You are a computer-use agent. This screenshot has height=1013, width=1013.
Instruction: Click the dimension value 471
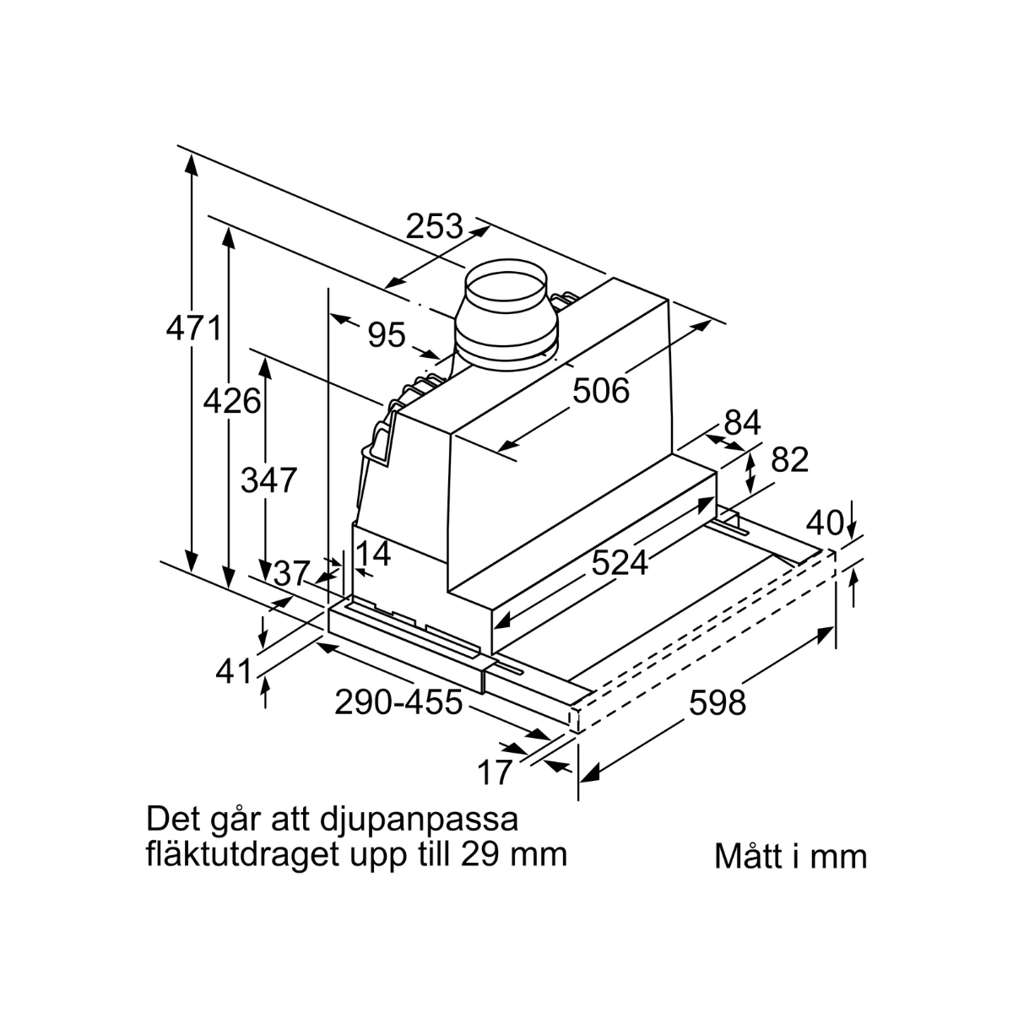coord(194,328)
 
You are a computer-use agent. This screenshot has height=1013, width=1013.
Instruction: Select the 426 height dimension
coord(232,401)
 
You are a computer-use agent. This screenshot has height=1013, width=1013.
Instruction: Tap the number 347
coord(268,480)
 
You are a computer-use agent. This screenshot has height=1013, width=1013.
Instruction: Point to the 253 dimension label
coord(434,226)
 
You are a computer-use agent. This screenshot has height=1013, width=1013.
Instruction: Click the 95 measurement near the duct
coord(387,334)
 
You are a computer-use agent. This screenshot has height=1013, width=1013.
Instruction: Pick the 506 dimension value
coord(601,391)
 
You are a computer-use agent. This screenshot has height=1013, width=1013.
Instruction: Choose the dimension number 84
coord(742,422)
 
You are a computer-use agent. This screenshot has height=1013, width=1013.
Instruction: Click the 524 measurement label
coord(620,563)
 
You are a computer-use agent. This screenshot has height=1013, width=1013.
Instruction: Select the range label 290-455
coord(398,702)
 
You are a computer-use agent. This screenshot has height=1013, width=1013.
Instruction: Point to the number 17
coord(494,772)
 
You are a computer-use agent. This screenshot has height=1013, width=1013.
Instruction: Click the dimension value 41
coord(234,671)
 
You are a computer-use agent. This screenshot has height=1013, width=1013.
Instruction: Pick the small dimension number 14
coord(373,554)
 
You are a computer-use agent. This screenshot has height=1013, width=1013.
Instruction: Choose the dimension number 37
coord(290,573)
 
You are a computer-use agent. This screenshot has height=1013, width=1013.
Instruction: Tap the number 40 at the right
coord(825,523)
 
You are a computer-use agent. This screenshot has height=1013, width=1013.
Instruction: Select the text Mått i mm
coord(791,858)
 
